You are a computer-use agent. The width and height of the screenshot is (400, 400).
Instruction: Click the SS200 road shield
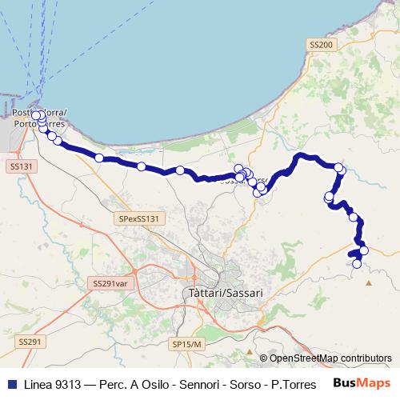[320, 46]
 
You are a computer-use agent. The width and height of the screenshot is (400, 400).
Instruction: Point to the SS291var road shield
[110, 283]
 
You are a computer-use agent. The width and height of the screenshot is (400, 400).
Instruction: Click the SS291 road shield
[28, 342]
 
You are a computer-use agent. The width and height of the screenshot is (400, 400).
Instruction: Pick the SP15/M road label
[188, 342]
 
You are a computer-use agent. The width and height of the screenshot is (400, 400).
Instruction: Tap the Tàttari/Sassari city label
[223, 294]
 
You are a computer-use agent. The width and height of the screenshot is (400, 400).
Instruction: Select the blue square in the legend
[7, 382]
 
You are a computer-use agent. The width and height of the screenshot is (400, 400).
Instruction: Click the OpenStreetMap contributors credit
[330, 358]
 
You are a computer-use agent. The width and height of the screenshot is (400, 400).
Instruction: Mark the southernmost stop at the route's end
[357, 264]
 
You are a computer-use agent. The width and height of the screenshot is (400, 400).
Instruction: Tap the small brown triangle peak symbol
[369, 282]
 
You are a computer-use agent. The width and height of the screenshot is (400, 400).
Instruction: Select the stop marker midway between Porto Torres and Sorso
[141, 166]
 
